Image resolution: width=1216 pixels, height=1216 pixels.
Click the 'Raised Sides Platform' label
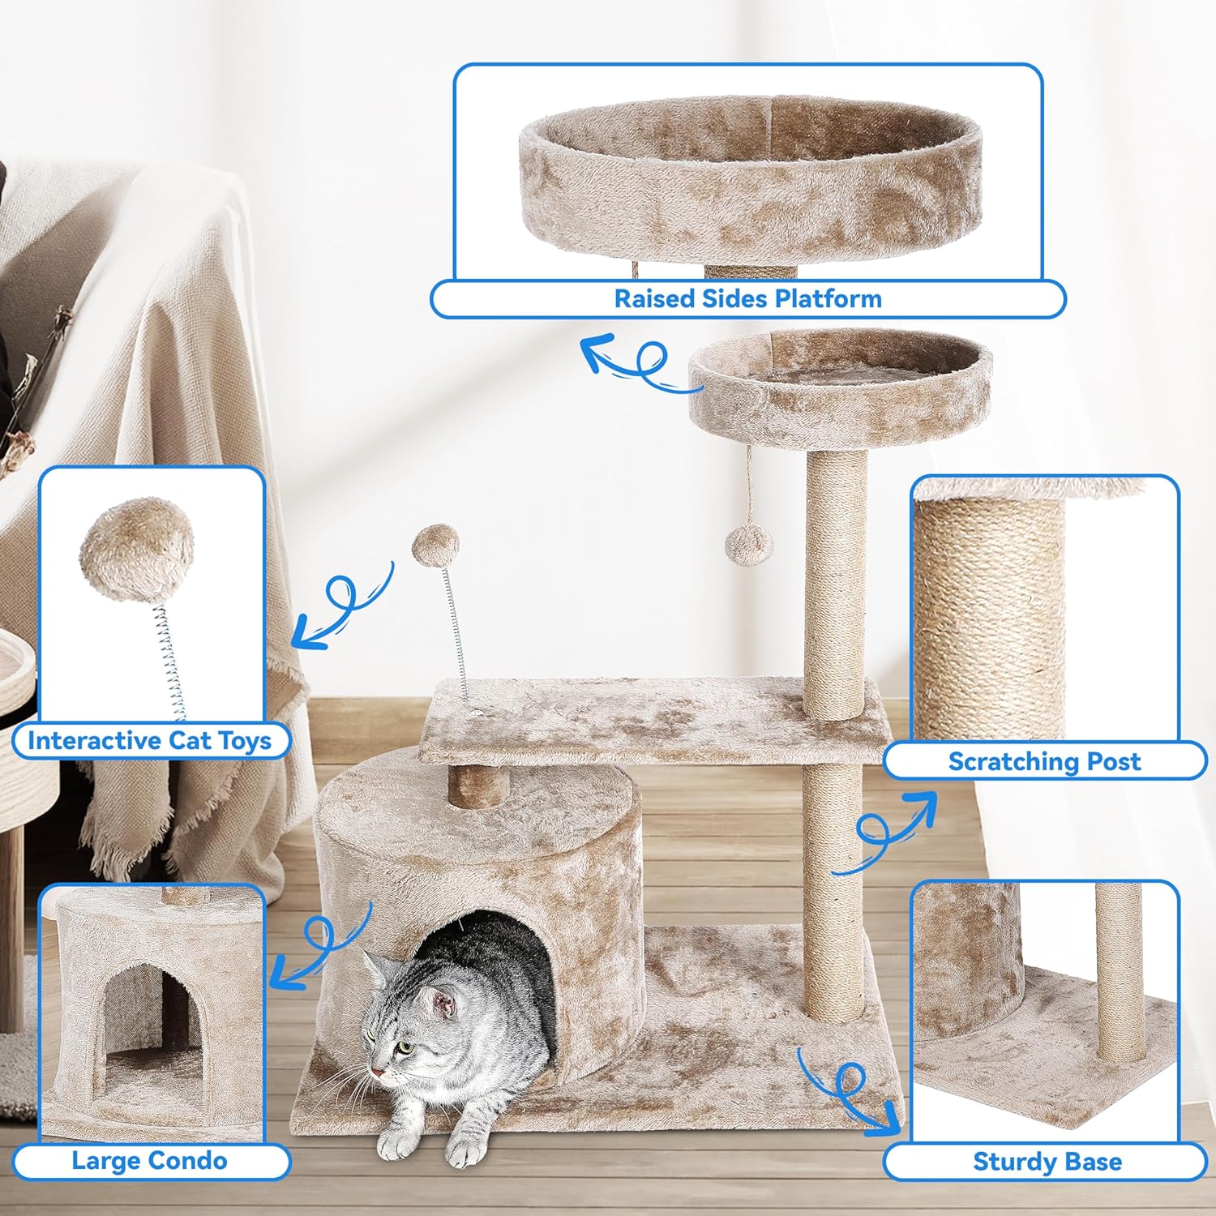[747, 298]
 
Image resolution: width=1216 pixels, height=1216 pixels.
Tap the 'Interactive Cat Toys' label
[149, 740]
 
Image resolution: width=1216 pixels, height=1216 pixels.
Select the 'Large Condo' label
[149, 1161]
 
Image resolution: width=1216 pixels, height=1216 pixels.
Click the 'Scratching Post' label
[1044, 761]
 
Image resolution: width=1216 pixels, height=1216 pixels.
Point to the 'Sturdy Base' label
[1047, 1162]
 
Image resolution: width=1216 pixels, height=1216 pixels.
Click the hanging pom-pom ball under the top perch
[749, 545]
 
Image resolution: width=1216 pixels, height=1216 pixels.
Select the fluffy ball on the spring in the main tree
[435, 545]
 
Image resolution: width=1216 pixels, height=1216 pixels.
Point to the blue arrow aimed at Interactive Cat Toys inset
[345, 604]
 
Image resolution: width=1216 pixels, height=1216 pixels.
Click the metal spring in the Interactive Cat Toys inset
[169, 661]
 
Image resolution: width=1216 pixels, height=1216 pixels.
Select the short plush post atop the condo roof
[478, 784]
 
